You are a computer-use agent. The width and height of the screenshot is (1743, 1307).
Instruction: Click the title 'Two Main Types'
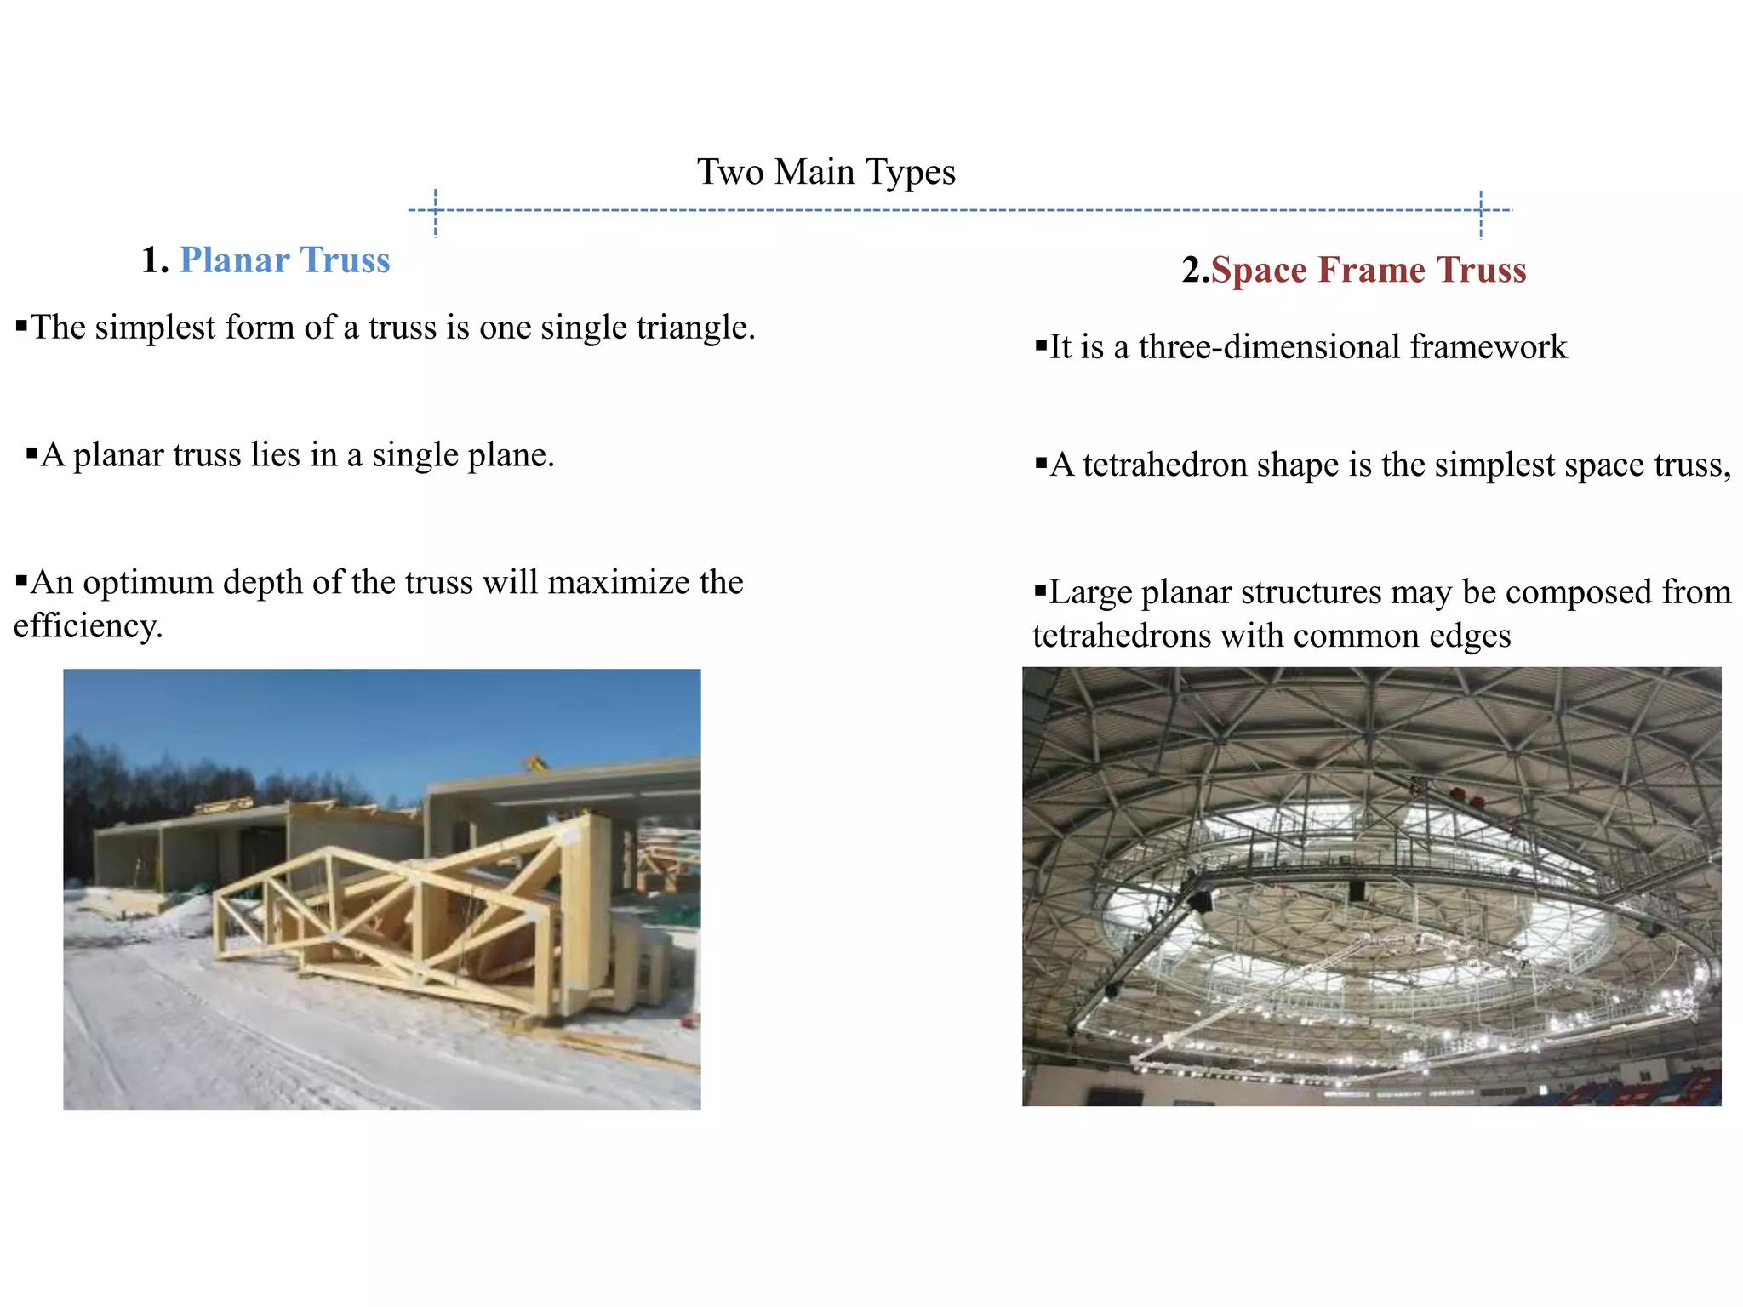(x=826, y=172)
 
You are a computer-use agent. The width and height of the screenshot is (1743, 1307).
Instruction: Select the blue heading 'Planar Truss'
(x=284, y=260)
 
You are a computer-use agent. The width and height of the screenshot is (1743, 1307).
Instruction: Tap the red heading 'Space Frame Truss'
(x=1369, y=271)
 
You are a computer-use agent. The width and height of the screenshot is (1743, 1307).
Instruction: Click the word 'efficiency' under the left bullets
(x=86, y=626)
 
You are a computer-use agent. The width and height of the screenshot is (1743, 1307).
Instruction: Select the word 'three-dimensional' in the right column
(x=1269, y=347)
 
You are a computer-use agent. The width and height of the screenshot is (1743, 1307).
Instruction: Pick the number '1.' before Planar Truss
(x=156, y=260)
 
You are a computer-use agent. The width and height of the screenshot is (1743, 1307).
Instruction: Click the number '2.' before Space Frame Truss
(x=1195, y=271)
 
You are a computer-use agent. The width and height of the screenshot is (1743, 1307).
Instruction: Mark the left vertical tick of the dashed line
(x=435, y=212)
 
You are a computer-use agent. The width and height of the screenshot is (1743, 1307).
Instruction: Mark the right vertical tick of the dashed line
(x=1481, y=214)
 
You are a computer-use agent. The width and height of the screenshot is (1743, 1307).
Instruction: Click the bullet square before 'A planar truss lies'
(x=32, y=453)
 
